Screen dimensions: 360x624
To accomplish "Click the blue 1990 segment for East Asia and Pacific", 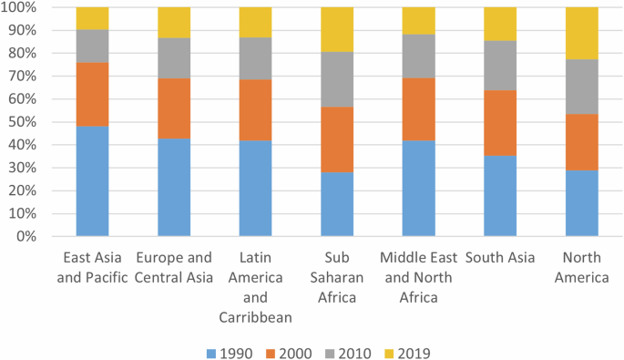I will [92, 180].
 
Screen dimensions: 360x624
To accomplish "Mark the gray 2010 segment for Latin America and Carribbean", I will [255, 58].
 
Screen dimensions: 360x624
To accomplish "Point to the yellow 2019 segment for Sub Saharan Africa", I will [337, 29].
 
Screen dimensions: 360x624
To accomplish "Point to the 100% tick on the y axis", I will [22, 8].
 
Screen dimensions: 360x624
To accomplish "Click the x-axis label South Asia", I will [500, 258].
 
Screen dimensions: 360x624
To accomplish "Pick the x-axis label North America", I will [582, 268].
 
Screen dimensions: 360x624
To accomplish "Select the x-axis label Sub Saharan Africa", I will [337, 277].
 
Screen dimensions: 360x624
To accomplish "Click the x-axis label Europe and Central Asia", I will [174, 268].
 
